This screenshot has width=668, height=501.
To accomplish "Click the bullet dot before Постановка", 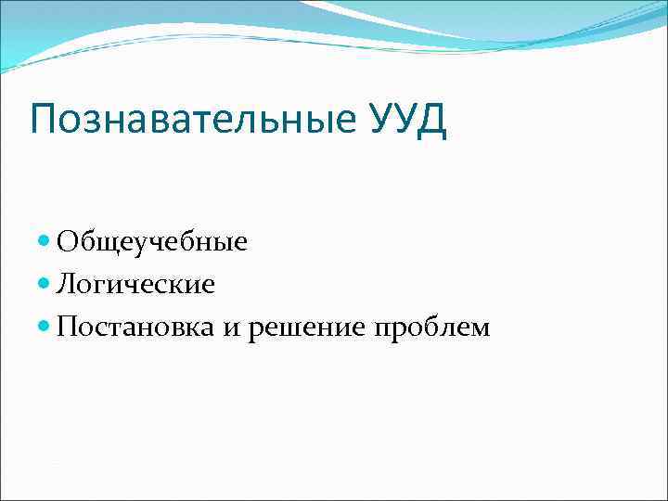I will coord(46,327).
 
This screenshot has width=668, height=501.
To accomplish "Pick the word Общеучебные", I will coord(152,243).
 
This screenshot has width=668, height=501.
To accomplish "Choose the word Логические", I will coord(135,285).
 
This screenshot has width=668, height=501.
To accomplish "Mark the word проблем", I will coord(430,328).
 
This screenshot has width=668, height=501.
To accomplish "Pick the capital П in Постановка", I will coord(67,327).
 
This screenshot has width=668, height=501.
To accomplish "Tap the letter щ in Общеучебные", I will coord(102,245).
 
